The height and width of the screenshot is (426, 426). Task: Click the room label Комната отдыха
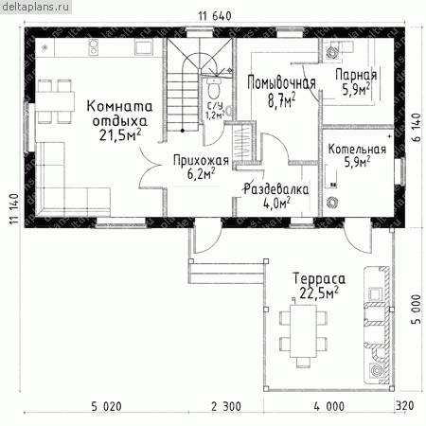pyautogui.click(x=119, y=114)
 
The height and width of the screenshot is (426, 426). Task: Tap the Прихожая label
pyautogui.click(x=201, y=160)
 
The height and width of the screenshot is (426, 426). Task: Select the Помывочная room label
pyautogui.click(x=281, y=82)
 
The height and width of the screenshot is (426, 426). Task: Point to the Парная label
pyautogui.click(x=356, y=76)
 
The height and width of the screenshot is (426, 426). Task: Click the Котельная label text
pyautogui.click(x=357, y=149)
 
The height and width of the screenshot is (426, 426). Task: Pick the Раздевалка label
pyautogui.click(x=276, y=189)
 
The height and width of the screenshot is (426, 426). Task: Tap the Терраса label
pyautogui.click(x=319, y=279)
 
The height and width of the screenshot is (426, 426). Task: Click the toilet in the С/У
pyautogui.click(x=214, y=88)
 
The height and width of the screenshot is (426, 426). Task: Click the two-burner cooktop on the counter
pyautogui.click(x=95, y=46)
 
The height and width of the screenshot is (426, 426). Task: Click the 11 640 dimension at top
pyautogui.click(x=215, y=16)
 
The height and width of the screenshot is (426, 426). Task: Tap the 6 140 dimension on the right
pyautogui.click(x=417, y=128)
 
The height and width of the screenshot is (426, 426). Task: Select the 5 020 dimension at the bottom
pyautogui.click(x=106, y=406)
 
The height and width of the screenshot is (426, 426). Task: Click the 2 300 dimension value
pyautogui.click(x=226, y=406)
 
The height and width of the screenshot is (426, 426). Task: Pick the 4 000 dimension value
pyautogui.click(x=329, y=406)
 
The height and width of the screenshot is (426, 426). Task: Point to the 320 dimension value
pyautogui.click(x=405, y=405)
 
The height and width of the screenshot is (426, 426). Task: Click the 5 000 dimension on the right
pyautogui.click(x=417, y=310)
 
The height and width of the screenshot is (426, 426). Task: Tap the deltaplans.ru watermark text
pyautogui.click(x=35, y=7)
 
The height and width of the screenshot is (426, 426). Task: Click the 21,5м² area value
pyautogui.click(x=120, y=135)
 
